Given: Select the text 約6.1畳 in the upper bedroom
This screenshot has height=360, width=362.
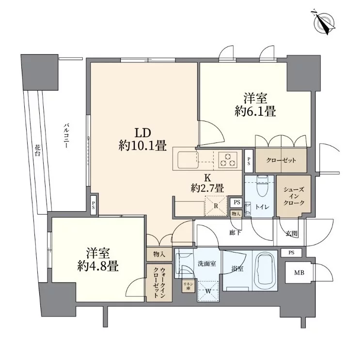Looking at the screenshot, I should coord(255,112).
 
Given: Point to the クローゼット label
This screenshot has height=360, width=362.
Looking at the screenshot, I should coord(281,160).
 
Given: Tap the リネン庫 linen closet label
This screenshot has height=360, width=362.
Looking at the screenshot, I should coord(186,285).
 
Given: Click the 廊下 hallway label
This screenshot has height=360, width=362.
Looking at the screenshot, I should coord(236,233).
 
